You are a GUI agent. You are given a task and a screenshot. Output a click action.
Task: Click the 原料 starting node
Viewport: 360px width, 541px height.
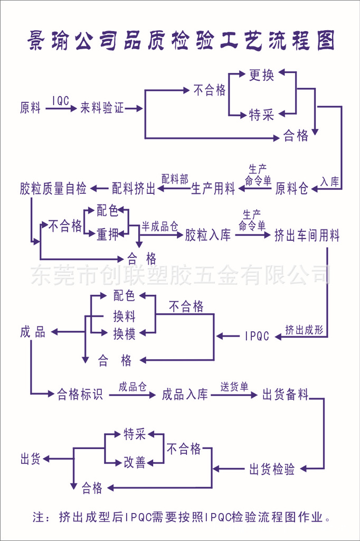pyautogui.click(x=31, y=108)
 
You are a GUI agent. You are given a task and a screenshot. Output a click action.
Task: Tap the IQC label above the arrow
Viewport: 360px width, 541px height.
pyautogui.click(x=61, y=100)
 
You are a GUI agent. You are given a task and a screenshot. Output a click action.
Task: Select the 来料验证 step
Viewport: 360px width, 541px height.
pyautogui.click(x=102, y=108)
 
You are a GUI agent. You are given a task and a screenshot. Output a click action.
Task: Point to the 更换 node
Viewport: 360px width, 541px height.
pyautogui.click(x=261, y=75)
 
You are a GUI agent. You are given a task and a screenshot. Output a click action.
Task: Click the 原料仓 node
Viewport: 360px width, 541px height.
pyautogui.click(x=292, y=188)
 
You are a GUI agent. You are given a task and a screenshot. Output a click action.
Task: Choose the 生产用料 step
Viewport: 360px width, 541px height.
pyautogui.click(x=213, y=188)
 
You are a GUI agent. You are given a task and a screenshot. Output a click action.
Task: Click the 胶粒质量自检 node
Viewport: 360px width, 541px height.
pyautogui.click(x=53, y=188)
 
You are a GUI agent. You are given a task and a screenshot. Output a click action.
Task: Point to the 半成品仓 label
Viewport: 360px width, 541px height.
pyautogui.click(x=159, y=227)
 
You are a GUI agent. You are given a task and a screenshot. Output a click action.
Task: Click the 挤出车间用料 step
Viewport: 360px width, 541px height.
pyautogui.click(x=307, y=235)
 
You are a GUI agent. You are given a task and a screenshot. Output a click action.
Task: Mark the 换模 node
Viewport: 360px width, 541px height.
pyautogui.click(x=124, y=333)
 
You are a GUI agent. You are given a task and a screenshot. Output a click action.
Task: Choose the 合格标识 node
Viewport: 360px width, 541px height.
pyautogui.click(x=80, y=394)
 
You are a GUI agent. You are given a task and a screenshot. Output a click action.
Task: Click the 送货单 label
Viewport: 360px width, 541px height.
pyautogui.click(x=234, y=387)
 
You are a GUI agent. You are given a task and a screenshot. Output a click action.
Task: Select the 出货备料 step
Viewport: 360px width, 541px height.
pyautogui.click(x=285, y=394)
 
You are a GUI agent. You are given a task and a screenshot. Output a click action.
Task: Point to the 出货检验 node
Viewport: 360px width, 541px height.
pyautogui.click(x=272, y=469)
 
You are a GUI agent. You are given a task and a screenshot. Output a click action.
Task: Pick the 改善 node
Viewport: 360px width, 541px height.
pyautogui.click(x=135, y=462)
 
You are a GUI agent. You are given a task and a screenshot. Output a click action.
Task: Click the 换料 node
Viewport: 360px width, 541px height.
pyautogui.click(x=124, y=316)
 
